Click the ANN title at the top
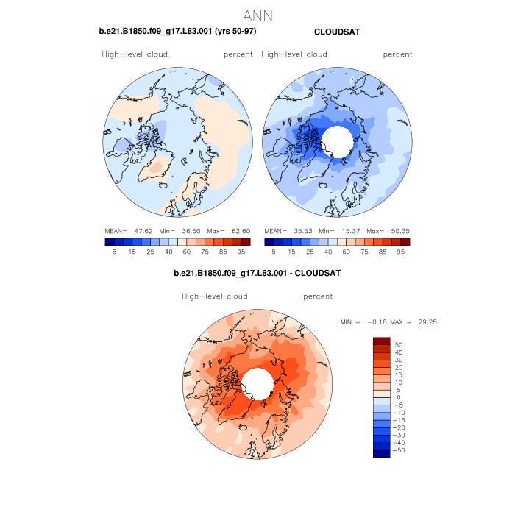(x=257, y=15)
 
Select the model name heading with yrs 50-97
(x=177, y=32)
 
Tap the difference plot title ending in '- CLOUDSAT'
(x=257, y=274)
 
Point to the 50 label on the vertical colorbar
(x=399, y=344)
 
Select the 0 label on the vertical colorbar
(x=398, y=397)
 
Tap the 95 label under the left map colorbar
(x=241, y=252)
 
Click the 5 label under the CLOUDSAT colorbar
(x=274, y=252)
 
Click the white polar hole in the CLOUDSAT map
(x=338, y=138)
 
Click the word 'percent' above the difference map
(x=318, y=296)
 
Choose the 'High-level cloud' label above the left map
(x=135, y=54)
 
